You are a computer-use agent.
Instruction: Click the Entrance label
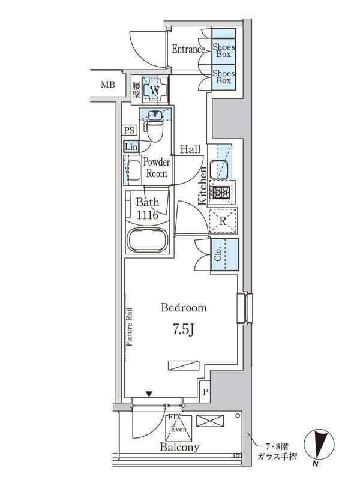(x=188, y=49)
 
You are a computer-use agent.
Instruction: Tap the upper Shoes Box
(x=224, y=49)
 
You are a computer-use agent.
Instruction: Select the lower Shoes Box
(x=224, y=76)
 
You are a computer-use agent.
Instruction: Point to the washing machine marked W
(x=155, y=91)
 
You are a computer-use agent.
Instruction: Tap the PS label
(x=129, y=130)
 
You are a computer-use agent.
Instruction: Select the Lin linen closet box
(x=130, y=146)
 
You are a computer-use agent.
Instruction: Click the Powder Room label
(x=157, y=168)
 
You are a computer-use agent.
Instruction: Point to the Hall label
(x=190, y=149)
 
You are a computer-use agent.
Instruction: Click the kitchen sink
(x=221, y=163)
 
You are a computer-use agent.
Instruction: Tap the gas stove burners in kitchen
(x=221, y=193)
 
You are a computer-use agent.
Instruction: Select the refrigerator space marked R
(x=222, y=221)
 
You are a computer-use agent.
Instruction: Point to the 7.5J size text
(x=184, y=329)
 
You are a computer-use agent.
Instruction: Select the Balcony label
(x=179, y=447)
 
